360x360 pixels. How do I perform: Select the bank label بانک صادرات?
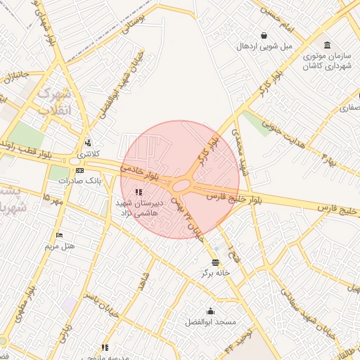coord(79,181)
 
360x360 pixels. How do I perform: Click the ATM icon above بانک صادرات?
coord(79,170)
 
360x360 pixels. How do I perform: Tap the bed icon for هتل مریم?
coord(60,235)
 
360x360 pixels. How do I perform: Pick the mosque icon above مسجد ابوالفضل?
coord(210,311)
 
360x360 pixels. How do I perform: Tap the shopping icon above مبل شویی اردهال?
coord(264,35)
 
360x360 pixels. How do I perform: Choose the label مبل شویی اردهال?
coord(264,46)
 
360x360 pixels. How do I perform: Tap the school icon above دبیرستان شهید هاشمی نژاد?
coord(139,192)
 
